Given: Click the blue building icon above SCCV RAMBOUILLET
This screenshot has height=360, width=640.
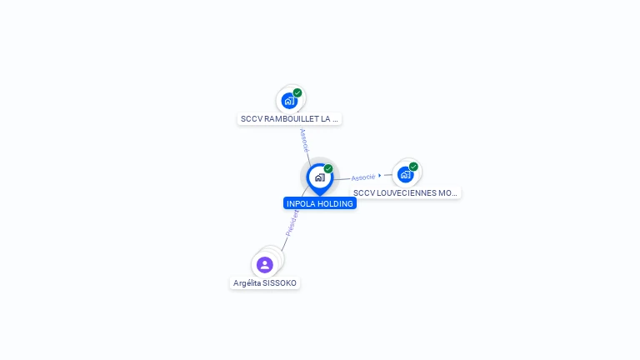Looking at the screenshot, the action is click(289, 101).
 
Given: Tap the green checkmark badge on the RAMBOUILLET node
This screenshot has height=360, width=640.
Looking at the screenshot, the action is click(297, 92).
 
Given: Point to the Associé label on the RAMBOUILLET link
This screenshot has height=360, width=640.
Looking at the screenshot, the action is click(304, 140).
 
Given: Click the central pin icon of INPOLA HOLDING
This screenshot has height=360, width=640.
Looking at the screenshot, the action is click(320, 178).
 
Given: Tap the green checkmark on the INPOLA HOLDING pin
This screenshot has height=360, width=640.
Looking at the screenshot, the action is click(328, 168).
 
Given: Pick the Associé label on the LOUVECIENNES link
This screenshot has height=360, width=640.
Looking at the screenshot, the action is click(363, 177).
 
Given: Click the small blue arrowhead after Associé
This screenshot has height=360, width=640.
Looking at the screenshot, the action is click(380, 176).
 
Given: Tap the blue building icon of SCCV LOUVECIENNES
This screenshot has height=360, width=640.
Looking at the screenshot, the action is click(405, 175).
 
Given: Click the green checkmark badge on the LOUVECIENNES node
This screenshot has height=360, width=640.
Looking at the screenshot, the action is click(413, 167).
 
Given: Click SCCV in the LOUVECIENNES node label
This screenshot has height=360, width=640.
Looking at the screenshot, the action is click(363, 192).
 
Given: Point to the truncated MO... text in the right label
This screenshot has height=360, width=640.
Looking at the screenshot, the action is click(447, 192).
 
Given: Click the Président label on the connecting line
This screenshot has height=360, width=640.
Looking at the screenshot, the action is click(292, 223).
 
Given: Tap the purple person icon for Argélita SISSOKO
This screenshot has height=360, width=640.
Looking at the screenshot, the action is click(264, 265).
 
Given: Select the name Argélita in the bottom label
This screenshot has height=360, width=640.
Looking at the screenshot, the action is click(247, 282).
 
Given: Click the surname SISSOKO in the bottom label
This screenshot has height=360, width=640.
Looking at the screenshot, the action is click(280, 282).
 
